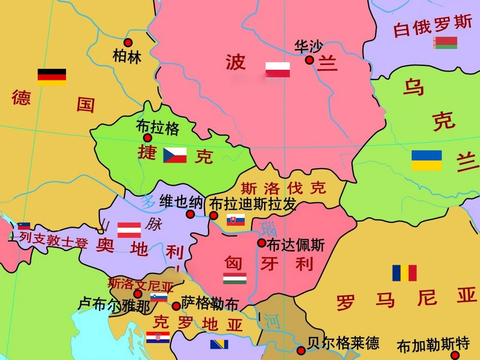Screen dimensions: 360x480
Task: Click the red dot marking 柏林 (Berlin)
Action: (x=128, y=42)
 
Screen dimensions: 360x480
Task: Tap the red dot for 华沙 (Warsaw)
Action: (x=309, y=60)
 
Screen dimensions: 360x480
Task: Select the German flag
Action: (x=52, y=77)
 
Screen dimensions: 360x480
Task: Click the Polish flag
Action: (x=277, y=69)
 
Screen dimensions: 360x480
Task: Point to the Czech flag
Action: (x=175, y=155)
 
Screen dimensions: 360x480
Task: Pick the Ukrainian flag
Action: (x=427, y=160)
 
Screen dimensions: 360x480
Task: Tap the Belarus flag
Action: (x=446, y=43)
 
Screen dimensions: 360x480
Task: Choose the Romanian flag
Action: (x=405, y=273)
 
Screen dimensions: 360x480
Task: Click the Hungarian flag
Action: (x=235, y=278)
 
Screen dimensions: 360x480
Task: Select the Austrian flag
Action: (x=129, y=229)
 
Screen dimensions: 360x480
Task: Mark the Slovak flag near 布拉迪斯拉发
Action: (x=236, y=220)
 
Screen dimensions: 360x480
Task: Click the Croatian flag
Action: (x=158, y=337)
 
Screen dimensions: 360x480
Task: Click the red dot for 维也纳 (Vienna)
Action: (x=190, y=214)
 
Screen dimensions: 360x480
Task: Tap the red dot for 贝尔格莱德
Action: (x=301, y=351)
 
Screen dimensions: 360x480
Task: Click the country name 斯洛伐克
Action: (x=283, y=188)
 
